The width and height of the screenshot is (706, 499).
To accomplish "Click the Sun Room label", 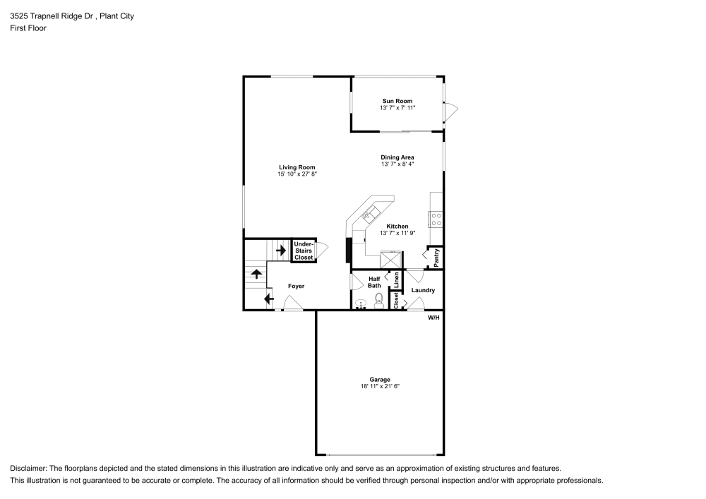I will click(x=397, y=101).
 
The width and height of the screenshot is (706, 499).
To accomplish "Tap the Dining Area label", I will click(x=397, y=157).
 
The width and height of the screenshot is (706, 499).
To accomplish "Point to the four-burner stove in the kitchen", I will click(x=436, y=219).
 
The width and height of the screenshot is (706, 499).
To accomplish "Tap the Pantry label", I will click(x=437, y=257).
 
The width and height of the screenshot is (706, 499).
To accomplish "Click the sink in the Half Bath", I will click(x=361, y=303).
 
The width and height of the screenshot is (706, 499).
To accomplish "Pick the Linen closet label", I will click(x=396, y=280).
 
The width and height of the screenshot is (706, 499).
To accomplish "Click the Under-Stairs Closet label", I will click(x=304, y=251).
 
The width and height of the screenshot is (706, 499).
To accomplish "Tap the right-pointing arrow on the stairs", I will click(x=280, y=250).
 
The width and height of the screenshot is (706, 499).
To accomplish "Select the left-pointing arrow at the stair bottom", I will click(x=269, y=299).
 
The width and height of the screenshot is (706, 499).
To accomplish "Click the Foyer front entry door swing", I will click(x=292, y=304).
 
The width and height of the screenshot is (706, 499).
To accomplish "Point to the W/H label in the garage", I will click(x=433, y=318).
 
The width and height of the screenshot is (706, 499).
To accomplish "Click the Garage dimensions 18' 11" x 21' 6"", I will click(x=380, y=386).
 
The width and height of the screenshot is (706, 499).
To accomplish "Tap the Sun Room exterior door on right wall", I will click(x=450, y=111).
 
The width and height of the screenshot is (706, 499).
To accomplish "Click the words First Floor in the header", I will click(x=28, y=28).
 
